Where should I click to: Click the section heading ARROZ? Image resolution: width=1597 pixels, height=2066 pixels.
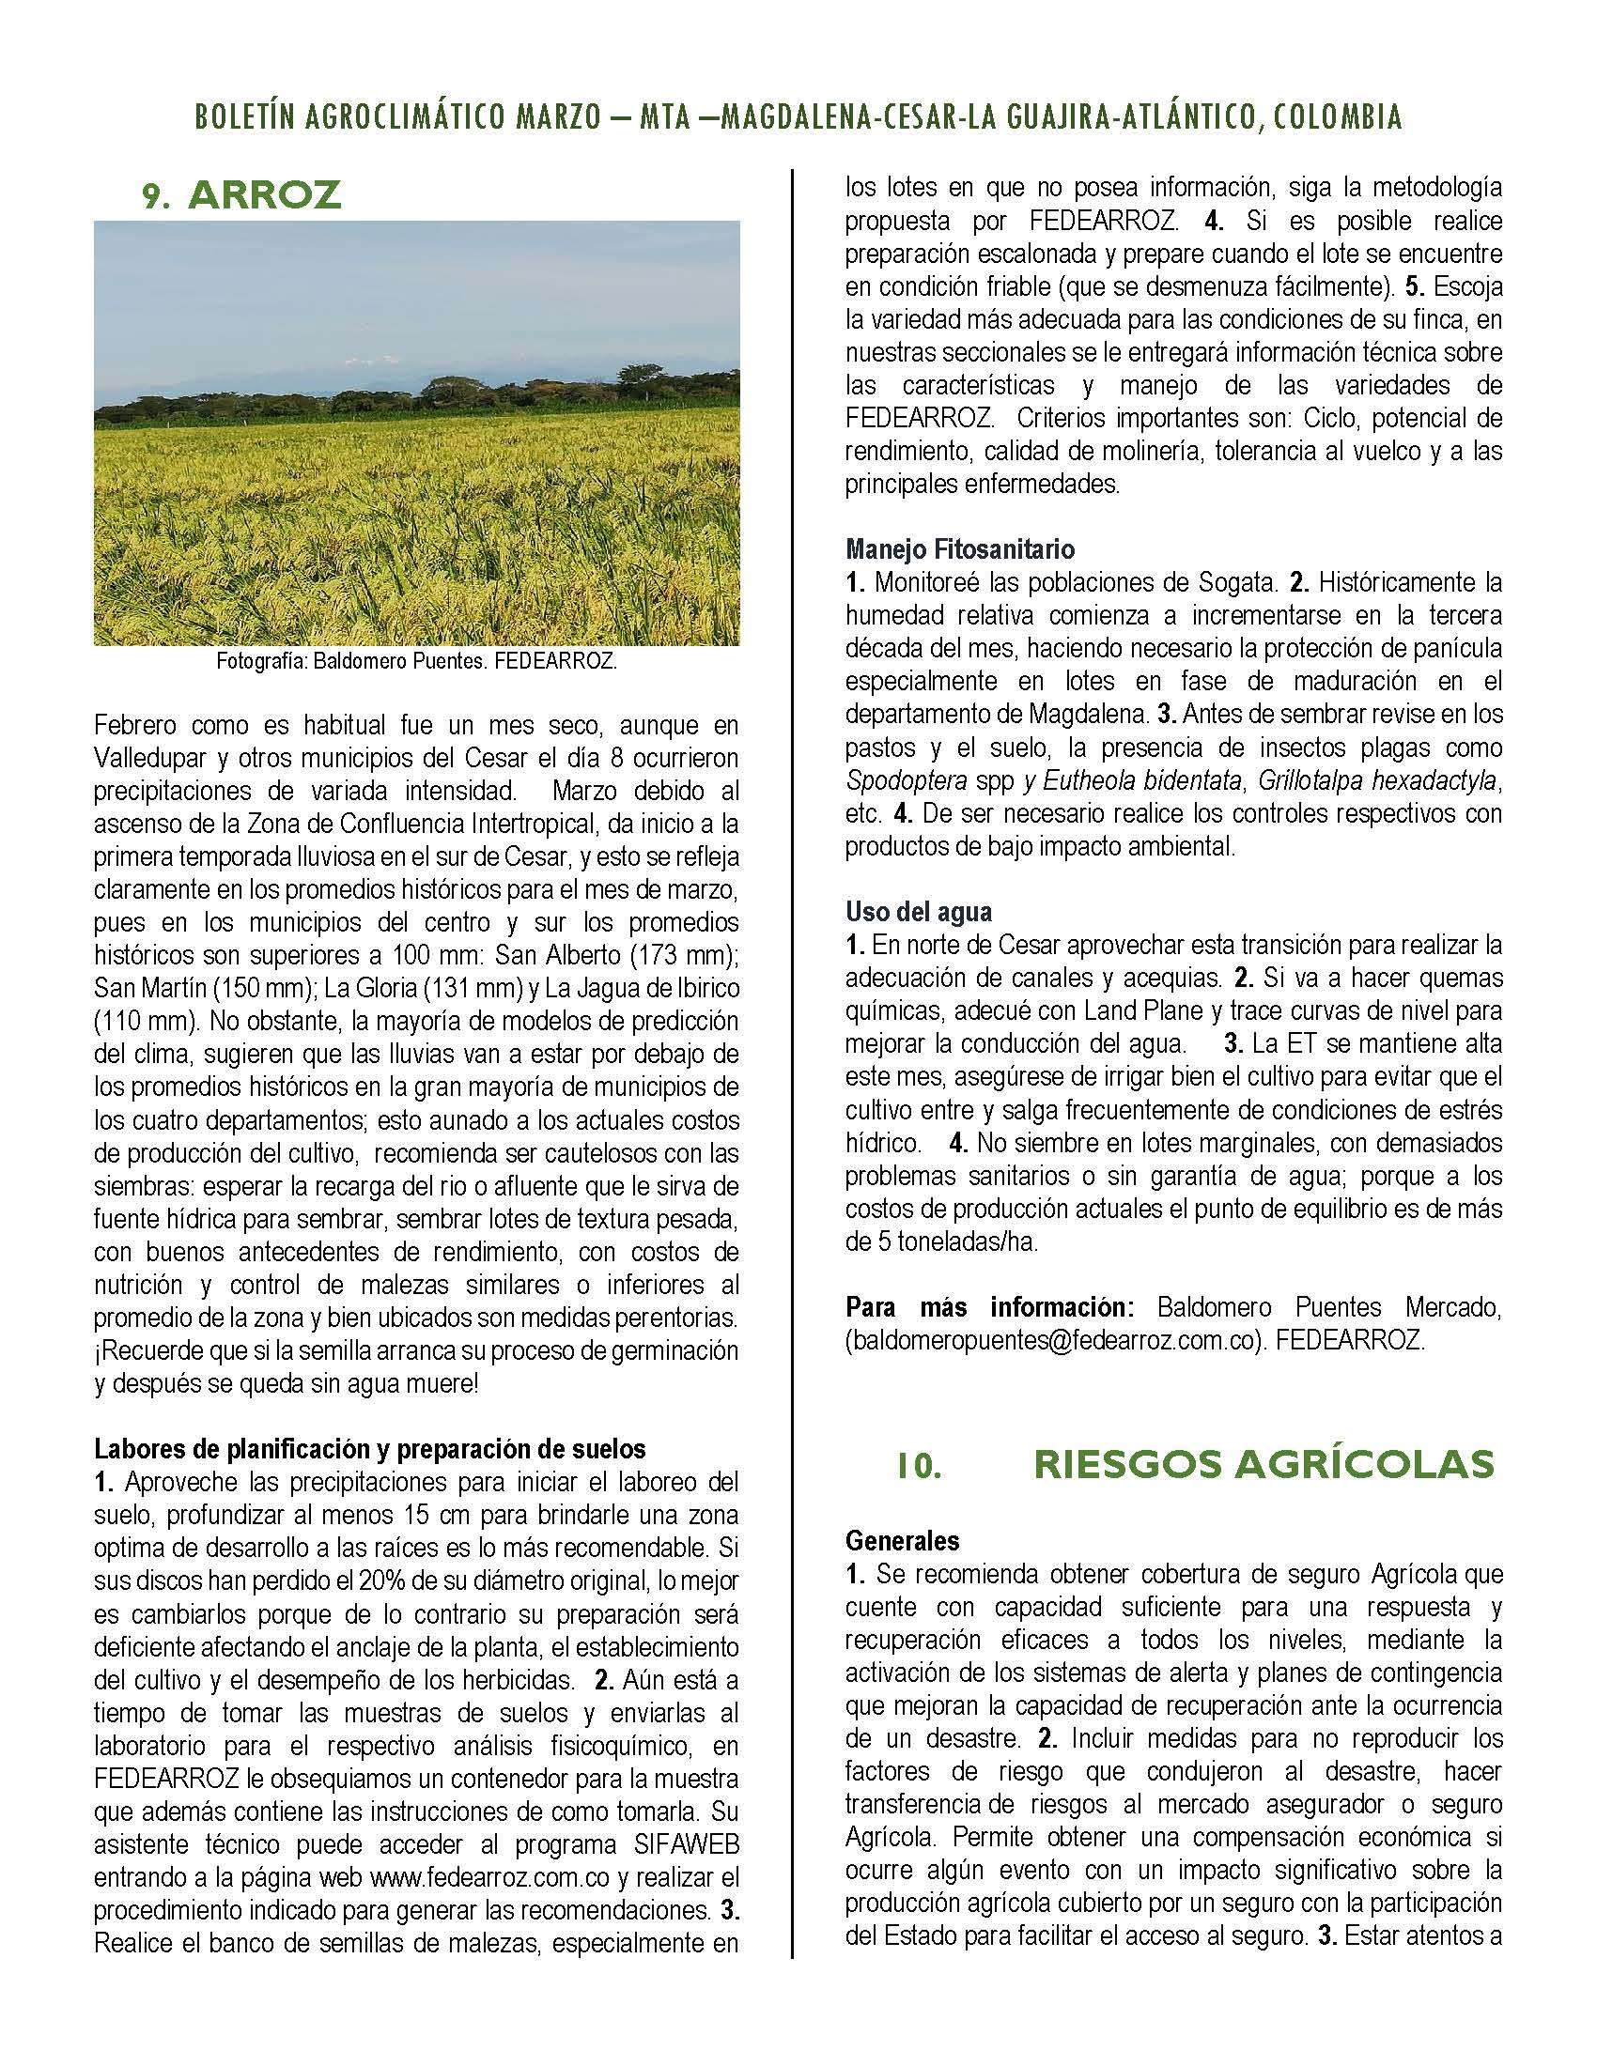264,195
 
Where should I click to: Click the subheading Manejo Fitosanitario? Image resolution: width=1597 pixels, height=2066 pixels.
959,548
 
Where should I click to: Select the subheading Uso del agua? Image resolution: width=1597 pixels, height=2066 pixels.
918,912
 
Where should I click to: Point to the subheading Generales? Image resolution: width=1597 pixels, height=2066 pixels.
902,1541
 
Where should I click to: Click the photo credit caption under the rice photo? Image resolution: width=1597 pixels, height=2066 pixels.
416,662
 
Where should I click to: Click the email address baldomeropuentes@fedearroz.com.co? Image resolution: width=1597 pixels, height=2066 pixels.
1055,1341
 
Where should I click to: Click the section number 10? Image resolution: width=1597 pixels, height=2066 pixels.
919,1466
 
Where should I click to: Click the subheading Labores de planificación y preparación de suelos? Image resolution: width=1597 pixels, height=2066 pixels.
369,1449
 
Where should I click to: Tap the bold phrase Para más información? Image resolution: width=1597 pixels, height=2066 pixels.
988,1308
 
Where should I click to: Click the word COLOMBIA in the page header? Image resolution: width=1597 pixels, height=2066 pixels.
1337,117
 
